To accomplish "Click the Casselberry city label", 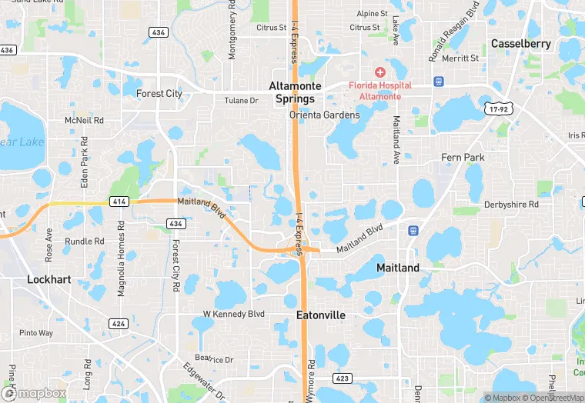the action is pos(520,44).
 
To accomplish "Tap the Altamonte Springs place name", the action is pos(296,93).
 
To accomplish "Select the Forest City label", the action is pos(159,94).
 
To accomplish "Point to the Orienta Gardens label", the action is pos(324,115).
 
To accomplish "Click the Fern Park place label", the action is pos(463,158).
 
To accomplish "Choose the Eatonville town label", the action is pos(321,315).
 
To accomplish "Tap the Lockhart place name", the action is pos(49,279).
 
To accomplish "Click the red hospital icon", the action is pos(379,72).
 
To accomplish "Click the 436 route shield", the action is pos(159,32).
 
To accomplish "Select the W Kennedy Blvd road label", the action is pos(233,314).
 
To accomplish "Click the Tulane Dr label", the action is pos(241,101).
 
